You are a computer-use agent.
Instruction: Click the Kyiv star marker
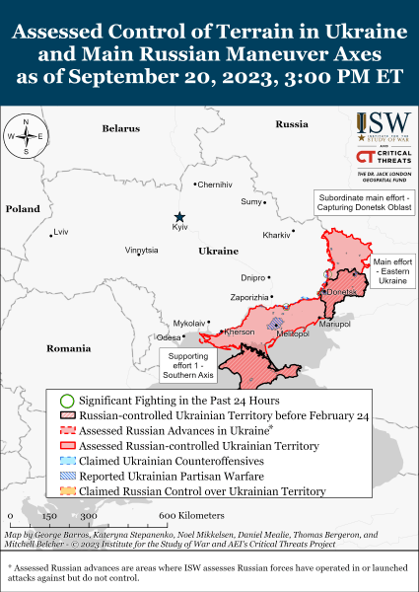pyautogui.click(x=179, y=217)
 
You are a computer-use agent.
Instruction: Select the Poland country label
pyautogui.click(x=22, y=209)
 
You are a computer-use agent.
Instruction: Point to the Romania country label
pyautogui.click(x=68, y=348)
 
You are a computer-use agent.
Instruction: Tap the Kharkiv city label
pyautogui.click(x=277, y=235)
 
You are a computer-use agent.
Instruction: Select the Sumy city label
pyautogui.click(x=252, y=201)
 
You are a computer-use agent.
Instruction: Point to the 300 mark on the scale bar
pyautogui.click(x=88, y=516)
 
